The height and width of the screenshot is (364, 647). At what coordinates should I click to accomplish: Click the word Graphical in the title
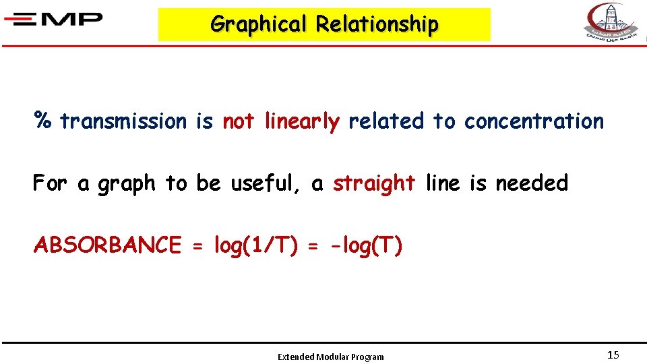tap(258, 24)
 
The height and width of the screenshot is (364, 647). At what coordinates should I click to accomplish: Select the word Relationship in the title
tap(377, 24)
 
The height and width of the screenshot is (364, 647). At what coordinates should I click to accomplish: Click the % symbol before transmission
tap(44, 121)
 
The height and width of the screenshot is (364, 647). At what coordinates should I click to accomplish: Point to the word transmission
tap(123, 121)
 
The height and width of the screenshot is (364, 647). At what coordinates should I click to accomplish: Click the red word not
tap(238, 121)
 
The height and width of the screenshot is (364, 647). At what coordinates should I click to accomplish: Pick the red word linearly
tap(303, 121)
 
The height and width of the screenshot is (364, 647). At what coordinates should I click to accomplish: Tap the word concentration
tap(534, 121)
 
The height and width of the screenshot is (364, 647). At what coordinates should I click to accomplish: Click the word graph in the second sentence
tap(127, 183)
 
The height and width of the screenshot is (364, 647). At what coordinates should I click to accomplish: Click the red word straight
tap(374, 183)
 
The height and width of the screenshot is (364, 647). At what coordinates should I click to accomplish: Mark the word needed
tap(532, 183)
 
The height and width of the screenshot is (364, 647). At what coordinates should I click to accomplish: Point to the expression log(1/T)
tap(255, 245)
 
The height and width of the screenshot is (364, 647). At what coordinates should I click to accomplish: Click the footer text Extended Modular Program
tap(331, 357)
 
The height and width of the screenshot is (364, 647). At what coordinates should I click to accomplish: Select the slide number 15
tap(613, 355)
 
